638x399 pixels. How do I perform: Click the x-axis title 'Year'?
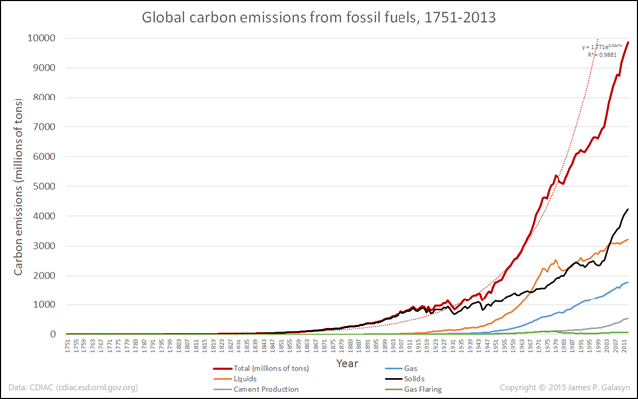[347, 363]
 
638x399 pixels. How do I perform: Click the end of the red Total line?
[628, 42]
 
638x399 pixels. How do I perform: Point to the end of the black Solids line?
[628, 209]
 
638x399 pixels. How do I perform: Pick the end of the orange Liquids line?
[628, 239]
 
